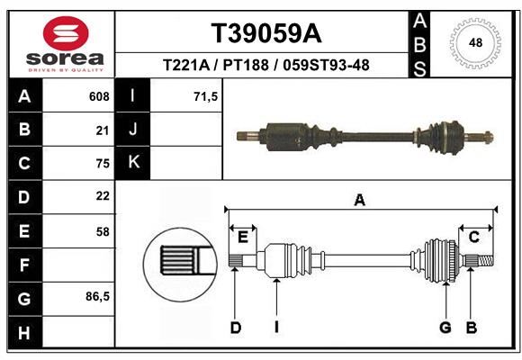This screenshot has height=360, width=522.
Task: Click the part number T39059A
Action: pos(265,34)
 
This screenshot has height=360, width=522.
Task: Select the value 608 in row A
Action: pos(98,96)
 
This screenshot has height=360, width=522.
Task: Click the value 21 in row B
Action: pos(103,130)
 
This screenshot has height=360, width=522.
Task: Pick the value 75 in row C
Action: pos(103,164)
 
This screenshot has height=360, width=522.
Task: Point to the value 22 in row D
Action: pos(103,195)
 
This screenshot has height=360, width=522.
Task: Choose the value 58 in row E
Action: pos(103,231)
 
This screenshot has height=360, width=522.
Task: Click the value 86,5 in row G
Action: pos(97,296)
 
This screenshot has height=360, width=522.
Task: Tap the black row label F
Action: pos(23,265)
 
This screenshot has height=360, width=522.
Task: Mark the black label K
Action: pos(133,162)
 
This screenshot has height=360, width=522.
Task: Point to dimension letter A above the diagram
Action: pos(360,200)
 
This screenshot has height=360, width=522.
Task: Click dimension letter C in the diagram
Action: pos(473,237)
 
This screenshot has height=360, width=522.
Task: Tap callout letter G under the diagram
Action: pos(445,328)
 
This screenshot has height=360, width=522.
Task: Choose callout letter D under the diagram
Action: pos(235,328)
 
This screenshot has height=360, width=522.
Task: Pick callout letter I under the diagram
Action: pos(276,328)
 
